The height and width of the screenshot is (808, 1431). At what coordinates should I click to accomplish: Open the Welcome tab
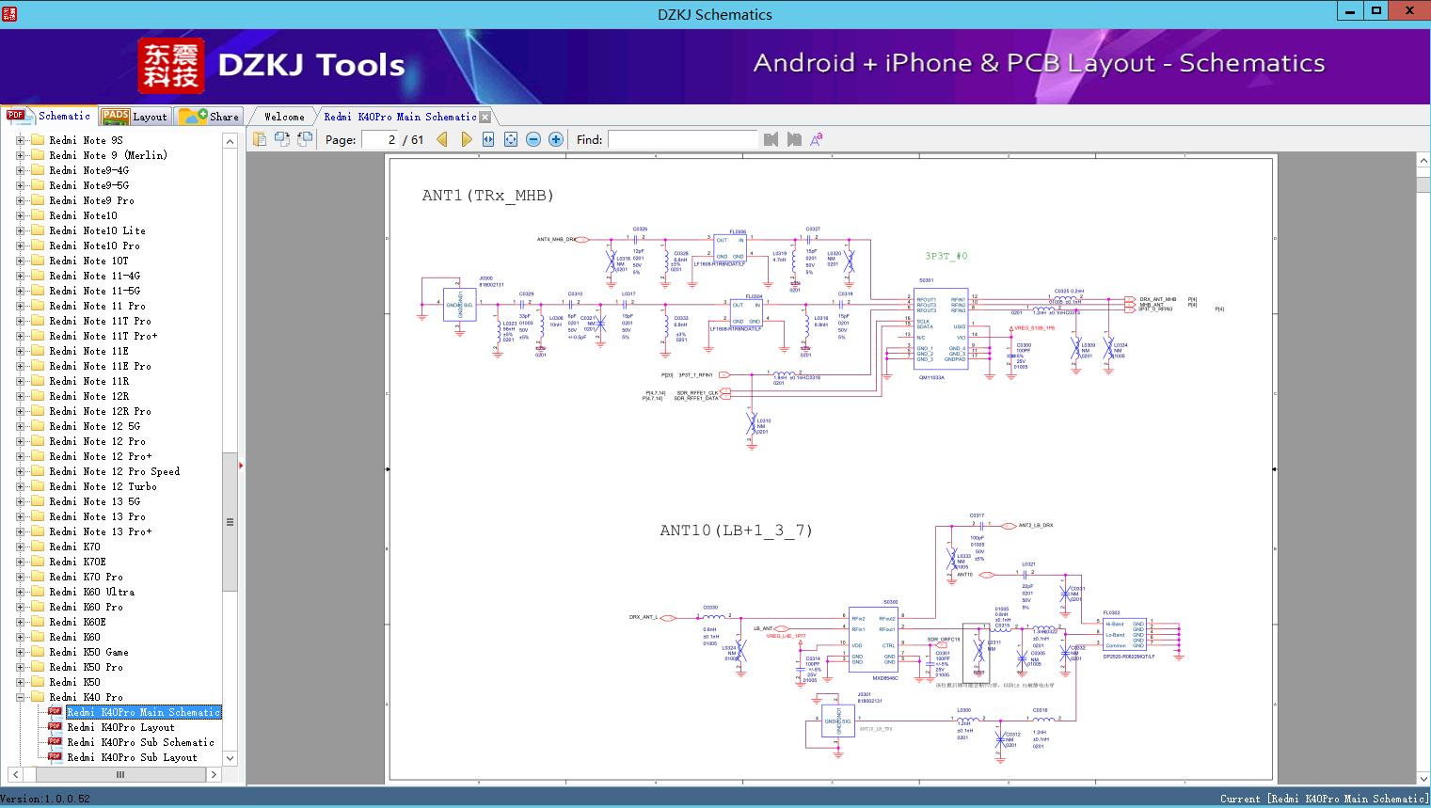click(x=283, y=117)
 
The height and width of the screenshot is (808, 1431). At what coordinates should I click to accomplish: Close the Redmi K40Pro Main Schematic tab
click(x=485, y=117)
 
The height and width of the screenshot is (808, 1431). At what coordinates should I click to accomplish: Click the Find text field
click(x=682, y=139)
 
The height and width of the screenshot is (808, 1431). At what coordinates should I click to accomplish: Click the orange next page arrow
click(x=466, y=139)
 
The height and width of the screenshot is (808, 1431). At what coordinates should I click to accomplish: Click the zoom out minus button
click(x=533, y=139)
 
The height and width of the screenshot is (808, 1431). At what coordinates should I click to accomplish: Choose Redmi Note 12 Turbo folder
click(x=103, y=486)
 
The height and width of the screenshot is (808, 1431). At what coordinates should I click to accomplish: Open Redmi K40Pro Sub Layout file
click(x=132, y=757)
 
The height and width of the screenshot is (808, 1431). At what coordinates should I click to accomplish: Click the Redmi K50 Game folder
click(x=88, y=652)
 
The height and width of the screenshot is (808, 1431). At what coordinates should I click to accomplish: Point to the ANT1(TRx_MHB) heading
click(x=487, y=196)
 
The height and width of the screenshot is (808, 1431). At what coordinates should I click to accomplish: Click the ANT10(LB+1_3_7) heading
click(x=736, y=531)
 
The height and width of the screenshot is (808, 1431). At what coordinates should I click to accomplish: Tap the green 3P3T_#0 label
click(x=946, y=256)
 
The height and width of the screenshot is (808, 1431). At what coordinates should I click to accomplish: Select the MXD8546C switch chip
click(x=874, y=640)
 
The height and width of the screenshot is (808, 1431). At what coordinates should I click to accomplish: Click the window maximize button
click(x=1376, y=11)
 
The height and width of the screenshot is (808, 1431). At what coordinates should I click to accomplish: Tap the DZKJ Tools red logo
click(x=171, y=66)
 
